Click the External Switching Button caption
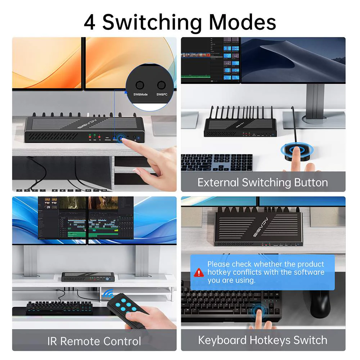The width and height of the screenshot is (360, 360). tap(263, 182)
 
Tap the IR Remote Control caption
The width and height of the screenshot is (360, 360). tap(94, 341)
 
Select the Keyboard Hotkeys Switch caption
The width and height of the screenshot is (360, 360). tap(263, 340)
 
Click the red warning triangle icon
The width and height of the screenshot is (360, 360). tap(199, 273)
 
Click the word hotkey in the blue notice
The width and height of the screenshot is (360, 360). tap(219, 273)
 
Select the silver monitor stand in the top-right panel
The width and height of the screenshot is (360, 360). tap(313, 104)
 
